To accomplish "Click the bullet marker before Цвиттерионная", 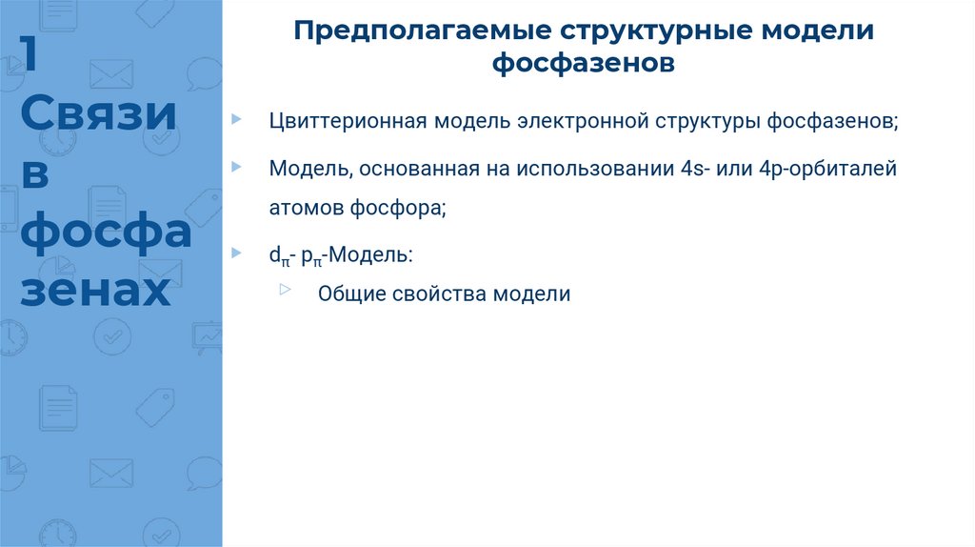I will pyautogui.click(x=236, y=119).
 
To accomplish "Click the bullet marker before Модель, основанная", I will pyautogui.click(x=236, y=166).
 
